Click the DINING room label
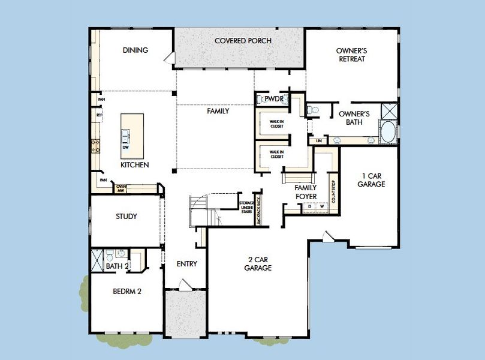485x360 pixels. tap(135, 50)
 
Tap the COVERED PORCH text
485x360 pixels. tap(243, 41)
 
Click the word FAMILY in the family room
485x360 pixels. tap(218, 111)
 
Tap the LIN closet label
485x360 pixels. tap(319, 140)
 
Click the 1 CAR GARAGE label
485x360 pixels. tap(370, 181)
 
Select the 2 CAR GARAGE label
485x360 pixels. tap(258, 264)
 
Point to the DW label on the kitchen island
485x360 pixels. tap(126, 147)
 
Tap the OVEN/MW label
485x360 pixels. tap(121, 188)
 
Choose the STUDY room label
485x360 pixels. tap(126, 217)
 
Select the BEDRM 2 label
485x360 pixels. tap(127, 292)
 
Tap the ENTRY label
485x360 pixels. tap(186, 264)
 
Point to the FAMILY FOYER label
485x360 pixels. tap(305, 192)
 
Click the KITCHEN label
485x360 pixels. tap(135, 164)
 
